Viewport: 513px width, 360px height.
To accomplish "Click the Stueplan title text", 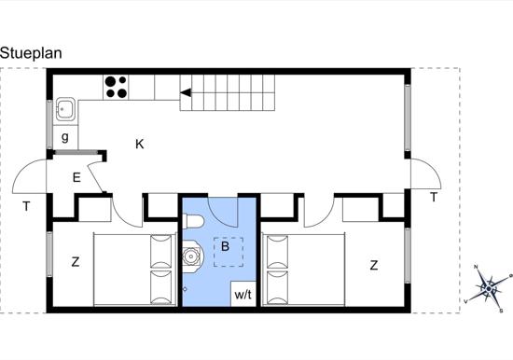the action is (31, 53).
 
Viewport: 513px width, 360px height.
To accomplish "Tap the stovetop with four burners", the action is (117, 87).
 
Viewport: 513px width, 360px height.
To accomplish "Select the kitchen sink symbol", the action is (65, 109).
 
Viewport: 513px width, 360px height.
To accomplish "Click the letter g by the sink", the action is (65, 137).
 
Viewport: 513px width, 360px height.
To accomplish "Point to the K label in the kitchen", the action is (140, 144).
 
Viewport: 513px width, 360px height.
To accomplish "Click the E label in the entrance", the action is (76, 178).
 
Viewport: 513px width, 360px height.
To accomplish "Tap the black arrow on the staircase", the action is (186, 92).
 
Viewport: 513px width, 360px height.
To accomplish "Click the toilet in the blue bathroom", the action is (193, 221).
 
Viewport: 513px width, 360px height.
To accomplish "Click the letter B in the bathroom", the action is (225, 246).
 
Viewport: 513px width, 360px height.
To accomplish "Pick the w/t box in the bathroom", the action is (243, 294).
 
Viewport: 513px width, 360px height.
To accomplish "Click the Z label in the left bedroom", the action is (76, 262).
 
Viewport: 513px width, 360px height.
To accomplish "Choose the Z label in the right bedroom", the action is (374, 265).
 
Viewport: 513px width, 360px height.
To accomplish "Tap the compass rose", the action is (489, 289).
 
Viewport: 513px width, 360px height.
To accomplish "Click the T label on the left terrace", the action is (26, 206).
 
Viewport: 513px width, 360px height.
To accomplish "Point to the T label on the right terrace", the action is (434, 198).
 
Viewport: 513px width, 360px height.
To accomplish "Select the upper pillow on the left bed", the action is (161, 251).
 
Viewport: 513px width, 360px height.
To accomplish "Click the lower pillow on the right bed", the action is (277, 287).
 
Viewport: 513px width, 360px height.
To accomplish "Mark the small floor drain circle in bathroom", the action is (185, 289).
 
